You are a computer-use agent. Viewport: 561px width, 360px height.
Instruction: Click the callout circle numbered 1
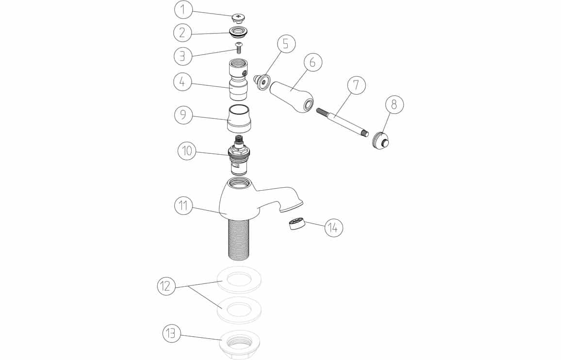[183, 10]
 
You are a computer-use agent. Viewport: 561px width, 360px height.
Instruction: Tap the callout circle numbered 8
[394, 104]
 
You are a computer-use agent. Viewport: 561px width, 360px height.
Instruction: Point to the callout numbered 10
[187, 151]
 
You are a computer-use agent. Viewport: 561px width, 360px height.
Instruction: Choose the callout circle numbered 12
[166, 286]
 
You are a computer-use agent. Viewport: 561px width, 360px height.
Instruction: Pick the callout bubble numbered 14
[333, 228]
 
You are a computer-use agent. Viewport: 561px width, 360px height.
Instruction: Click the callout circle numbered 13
[171, 333]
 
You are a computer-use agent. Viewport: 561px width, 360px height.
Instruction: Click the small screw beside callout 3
[239, 47]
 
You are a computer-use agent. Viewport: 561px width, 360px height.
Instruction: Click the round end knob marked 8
[380, 141]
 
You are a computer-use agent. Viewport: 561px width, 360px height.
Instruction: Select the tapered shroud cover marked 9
[239, 119]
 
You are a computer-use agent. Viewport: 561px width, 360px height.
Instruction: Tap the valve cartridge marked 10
[239, 155]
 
